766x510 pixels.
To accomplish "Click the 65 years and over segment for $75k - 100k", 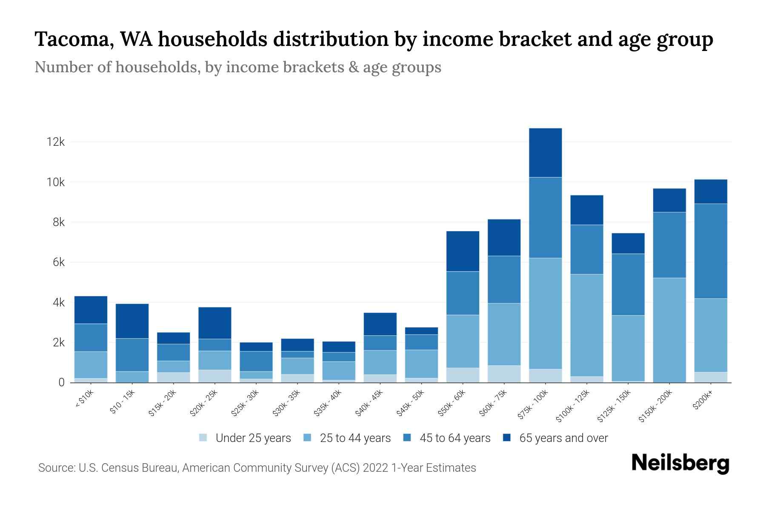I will click(545, 153).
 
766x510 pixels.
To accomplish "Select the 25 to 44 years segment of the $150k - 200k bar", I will click(669, 330).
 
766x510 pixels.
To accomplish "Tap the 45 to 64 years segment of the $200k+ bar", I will click(711, 251).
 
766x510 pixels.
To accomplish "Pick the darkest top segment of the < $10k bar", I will click(91, 310).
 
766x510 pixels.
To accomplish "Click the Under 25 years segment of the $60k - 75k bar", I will click(504, 374).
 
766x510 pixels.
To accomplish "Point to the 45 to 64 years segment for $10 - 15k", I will click(132, 355).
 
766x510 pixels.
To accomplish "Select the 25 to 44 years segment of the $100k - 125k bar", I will click(586, 325).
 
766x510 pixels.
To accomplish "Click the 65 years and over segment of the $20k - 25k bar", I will click(214, 323).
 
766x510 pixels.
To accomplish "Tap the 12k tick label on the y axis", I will click(56, 142).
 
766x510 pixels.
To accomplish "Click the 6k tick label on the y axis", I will click(59, 263).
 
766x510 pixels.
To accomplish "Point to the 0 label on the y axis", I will click(62, 382).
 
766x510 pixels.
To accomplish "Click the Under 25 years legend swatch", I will click(203, 437).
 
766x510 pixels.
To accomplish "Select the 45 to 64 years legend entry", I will click(454, 438).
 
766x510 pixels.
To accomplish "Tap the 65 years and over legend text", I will click(563, 438).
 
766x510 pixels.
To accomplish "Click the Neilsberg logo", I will click(680, 463).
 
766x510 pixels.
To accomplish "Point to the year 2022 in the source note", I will click(376, 468).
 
